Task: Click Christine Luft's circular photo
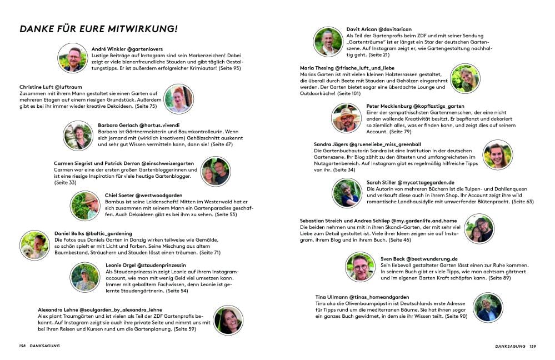(x=179, y=99)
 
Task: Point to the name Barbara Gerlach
(x=119, y=125)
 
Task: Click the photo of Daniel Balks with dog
(x=34, y=244)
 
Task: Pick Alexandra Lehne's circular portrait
(x=228, y=319)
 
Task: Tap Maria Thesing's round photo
(x=465, y=78)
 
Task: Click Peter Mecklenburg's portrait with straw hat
(x=346, y=118)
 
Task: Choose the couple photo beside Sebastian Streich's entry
(x=479, y=228)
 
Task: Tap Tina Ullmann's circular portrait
(x=488, y=307)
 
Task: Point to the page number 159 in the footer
(x=532, y=346)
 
